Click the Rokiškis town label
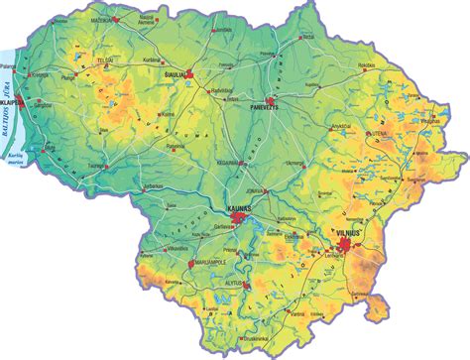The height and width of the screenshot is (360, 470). [x=367, y=65]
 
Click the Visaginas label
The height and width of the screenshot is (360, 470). [x=433, y=111]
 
